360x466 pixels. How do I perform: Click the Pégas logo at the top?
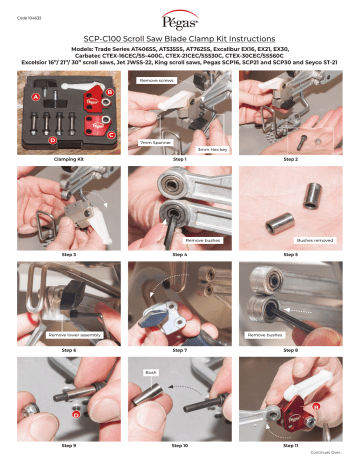coord(179,20)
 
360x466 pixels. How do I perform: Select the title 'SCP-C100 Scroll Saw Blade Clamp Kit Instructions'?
coord(180,39)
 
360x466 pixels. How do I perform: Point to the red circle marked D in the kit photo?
coord(52,140)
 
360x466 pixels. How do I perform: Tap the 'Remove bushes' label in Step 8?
coord(265,335)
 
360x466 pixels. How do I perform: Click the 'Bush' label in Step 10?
coord(151,370)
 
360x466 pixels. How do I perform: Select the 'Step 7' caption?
coord(180,351)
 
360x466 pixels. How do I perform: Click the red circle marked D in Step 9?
coord(75,413)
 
